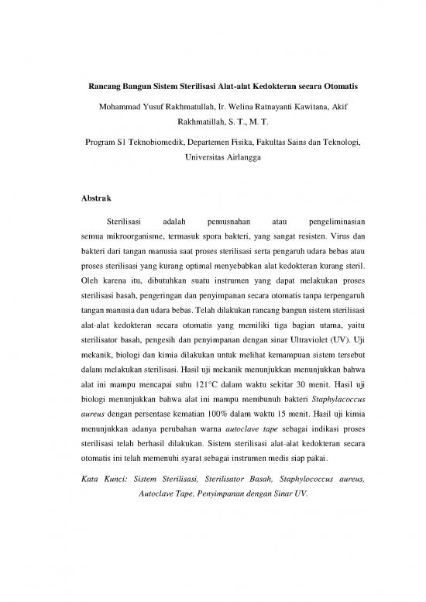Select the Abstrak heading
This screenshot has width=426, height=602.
97,198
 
